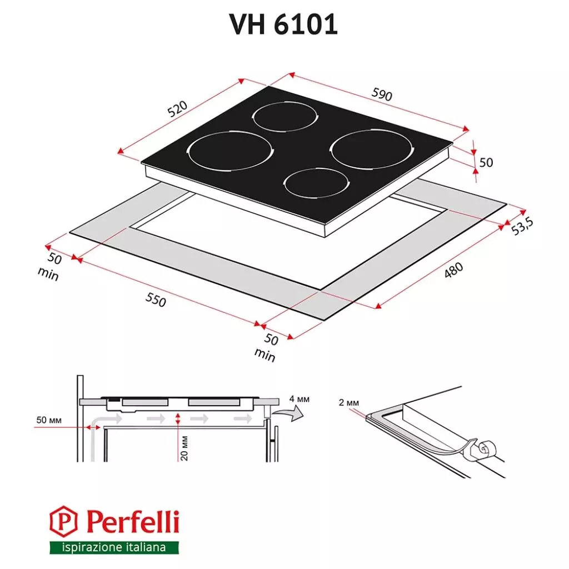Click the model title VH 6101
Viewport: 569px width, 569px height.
click(x=284, y=24)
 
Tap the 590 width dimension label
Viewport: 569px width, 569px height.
click(x=382, y=95)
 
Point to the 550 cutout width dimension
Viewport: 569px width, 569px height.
click(x=156, y=300)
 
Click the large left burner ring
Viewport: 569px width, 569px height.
click(x=230, y=151)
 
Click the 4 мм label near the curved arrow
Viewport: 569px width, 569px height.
click(x=300, y=399)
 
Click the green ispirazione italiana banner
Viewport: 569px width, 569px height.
click(x=114, y=547)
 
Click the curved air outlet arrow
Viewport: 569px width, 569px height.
click(x=291, y=412)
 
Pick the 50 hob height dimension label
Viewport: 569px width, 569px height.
click(x=486, y=162)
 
